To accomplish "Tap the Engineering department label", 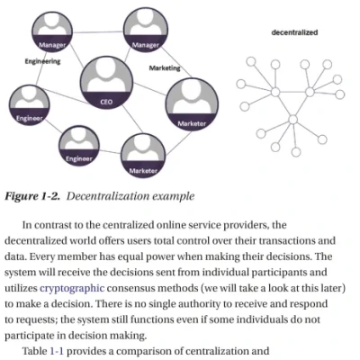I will (x=42, y=61).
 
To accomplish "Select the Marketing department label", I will (x=164, y=67).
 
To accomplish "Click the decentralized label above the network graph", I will (x=293, y=33).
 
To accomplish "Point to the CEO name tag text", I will (x=105, y=102).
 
